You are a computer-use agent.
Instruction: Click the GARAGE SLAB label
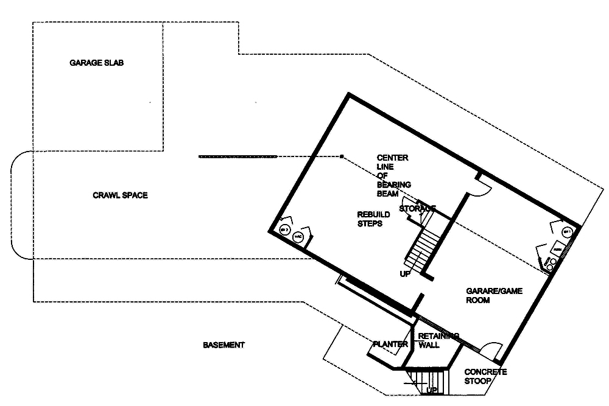[97, 63]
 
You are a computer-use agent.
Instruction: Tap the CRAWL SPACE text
[120, 195]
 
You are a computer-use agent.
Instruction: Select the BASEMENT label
[224, 345]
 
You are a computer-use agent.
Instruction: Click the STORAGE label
[417, 209]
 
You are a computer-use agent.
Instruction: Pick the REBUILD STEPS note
[370, 219]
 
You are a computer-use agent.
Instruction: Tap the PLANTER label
[390, 345]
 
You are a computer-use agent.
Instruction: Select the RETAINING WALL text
[438, 340]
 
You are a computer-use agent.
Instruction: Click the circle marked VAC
[298, 237]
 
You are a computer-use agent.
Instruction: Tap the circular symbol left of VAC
[284, 229]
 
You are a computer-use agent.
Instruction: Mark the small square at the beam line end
[342, 157]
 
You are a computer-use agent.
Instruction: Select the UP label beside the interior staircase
[405, 274]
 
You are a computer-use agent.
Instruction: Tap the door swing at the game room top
[479, 189]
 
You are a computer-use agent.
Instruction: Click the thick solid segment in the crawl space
[238, 157]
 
